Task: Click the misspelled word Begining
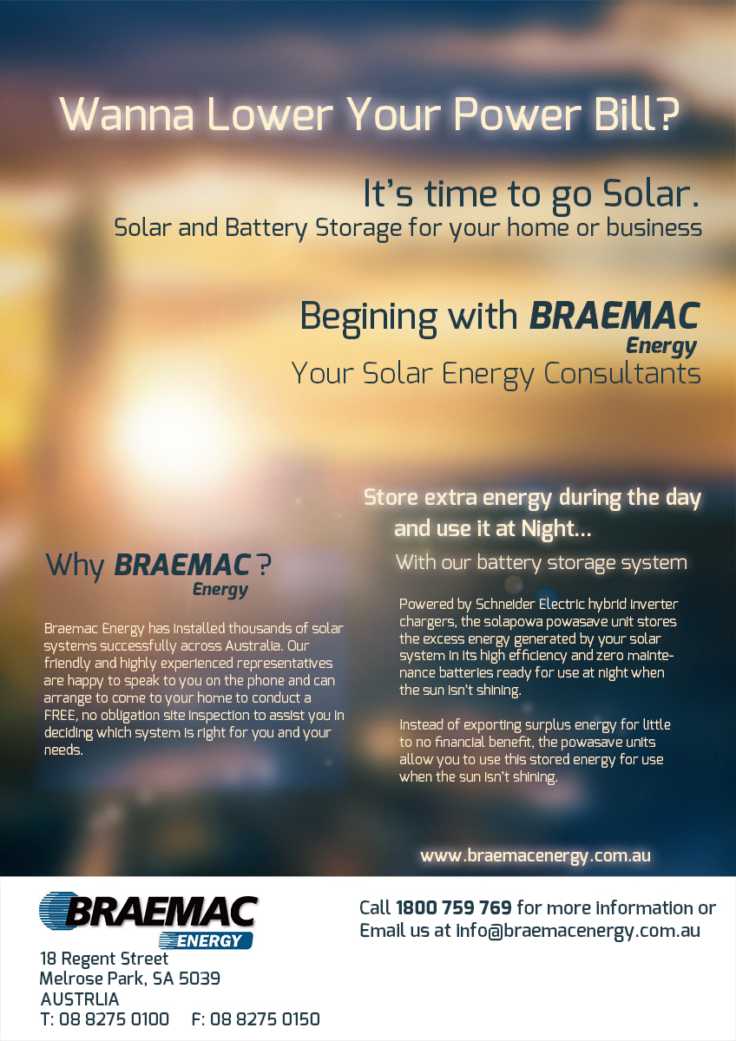point(369,317)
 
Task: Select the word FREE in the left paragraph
point(61,716)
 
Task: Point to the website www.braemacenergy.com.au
point(535,855)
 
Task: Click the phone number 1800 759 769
point(453,908)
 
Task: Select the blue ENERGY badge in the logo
point(207,940)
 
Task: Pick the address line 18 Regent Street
point(104,959)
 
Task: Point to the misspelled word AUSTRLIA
point(80,998)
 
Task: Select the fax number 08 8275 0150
point(265,1019)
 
